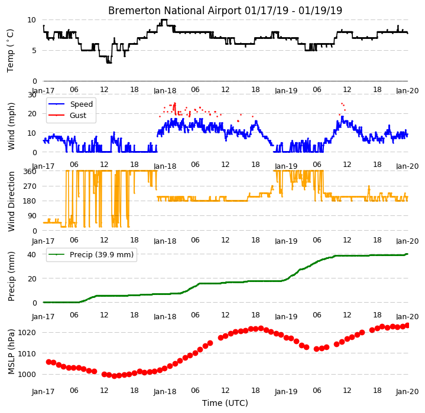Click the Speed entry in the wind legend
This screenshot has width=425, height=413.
[x=70, y=104]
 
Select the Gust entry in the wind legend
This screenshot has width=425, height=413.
[x=67, y=116]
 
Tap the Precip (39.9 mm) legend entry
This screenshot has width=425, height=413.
[x=91, y=255]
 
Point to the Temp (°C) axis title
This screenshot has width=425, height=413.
[x=10, y=51]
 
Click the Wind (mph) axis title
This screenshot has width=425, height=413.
[x=11, y=126]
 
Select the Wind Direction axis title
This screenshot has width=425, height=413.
[x=11, y=202]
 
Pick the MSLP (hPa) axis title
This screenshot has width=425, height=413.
[x=11, y=352]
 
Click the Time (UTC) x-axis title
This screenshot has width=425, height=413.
[x=225, y=403]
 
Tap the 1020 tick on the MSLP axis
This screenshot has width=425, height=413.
[x=27, y=332]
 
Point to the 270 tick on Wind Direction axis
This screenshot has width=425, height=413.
[x=30, y=186]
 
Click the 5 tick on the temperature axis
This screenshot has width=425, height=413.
[x=34, y=51]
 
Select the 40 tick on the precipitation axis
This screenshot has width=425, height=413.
[x=32, y=254]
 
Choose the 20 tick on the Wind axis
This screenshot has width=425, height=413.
[x=33, y=114]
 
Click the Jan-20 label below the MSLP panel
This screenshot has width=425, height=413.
[x=407, y=391]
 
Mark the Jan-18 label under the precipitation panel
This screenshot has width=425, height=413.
[x=165, y=316]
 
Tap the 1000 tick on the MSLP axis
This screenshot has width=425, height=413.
[x=27, y=375]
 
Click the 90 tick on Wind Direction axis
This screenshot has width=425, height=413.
[x=32, y=216]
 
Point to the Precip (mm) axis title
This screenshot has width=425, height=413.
[x=11, y=277]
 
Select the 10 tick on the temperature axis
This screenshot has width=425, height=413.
[x=32, y=19]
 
